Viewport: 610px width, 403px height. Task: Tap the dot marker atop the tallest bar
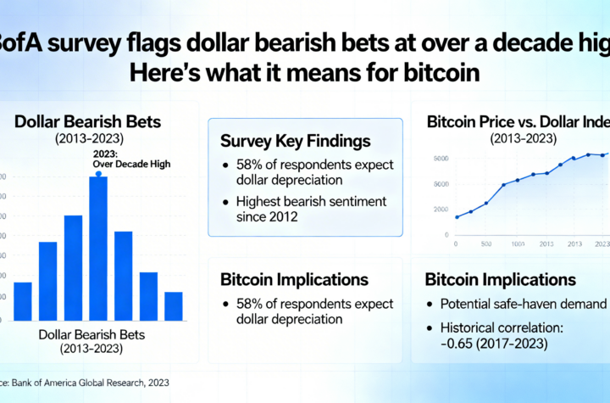98,174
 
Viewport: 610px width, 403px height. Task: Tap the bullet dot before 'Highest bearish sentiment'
225,201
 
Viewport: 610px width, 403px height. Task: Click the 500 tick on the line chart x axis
485,243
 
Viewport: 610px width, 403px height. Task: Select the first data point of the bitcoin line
457,217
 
